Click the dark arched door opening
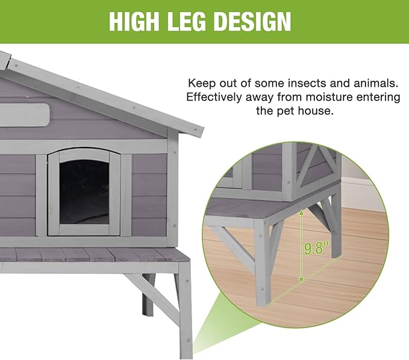coord(84,187)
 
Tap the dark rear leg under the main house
coord(147,298)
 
